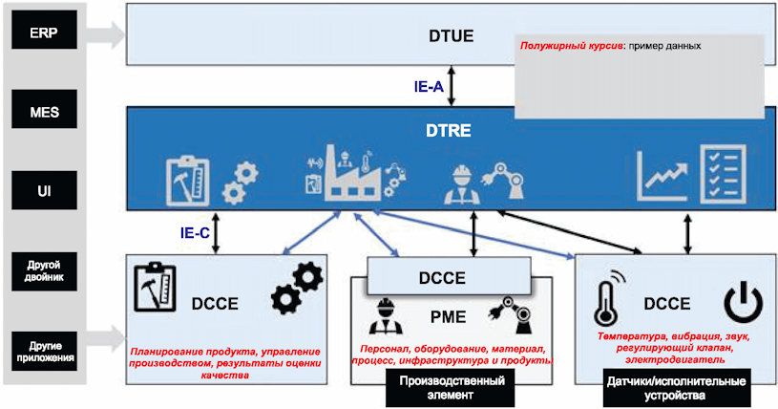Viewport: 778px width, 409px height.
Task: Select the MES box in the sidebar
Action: click(x=44, y=109)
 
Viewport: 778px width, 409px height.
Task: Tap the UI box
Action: click(x=44, y=190)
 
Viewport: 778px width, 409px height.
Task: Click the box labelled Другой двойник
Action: click(x=44, y=271)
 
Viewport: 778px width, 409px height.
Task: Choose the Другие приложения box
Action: click(x=44, y=352)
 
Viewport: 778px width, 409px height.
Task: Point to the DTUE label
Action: click(x=451, y=36)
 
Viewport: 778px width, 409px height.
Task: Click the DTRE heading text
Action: click(x=448, y=131)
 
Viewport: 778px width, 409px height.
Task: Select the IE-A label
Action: click(x=429, y=87)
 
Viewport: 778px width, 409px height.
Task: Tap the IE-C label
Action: click(x=195, y=232)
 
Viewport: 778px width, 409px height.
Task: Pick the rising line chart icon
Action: click(x=662, y=177)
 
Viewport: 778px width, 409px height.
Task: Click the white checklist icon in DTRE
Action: click(x=723, y=175)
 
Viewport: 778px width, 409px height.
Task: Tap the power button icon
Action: click(x=743, y=303)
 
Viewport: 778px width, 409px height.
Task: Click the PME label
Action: click(x=448, y=317)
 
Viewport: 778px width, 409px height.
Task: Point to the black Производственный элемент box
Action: click(x=450, y=388)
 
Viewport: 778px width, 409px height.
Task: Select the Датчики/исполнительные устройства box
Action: click(x=676, y=389)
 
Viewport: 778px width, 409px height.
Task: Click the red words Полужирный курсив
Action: click(x=571, y=46)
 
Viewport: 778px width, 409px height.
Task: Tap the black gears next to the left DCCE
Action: click(x=297, y=289)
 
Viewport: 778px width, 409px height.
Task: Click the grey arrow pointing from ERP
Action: click(x=105, y=34)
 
